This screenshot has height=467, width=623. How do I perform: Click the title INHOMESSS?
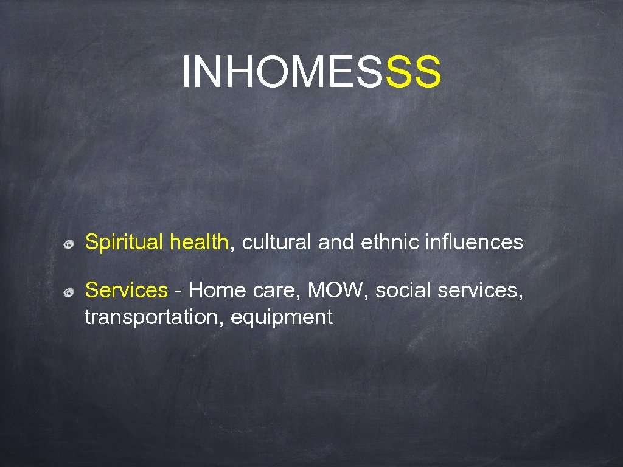(x=311, y=71)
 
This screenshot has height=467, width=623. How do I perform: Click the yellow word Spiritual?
(x=125, y=243)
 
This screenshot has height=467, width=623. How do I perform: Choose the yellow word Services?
(x=126, y=291)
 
